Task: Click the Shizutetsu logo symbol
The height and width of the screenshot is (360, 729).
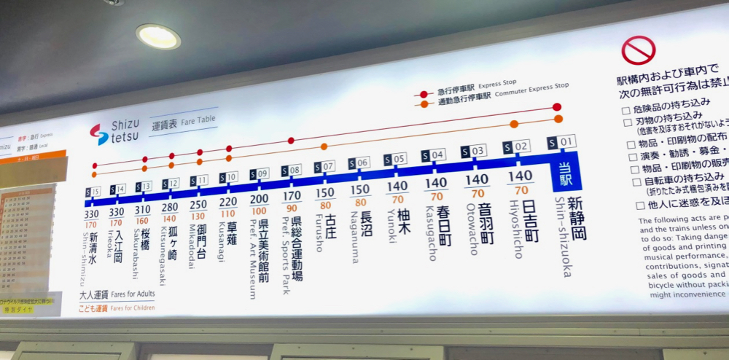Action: point(98,134)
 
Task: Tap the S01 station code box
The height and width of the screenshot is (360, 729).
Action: point(562,141)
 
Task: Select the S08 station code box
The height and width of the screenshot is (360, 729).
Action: point(290,171)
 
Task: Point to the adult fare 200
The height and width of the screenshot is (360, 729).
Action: point(259,198)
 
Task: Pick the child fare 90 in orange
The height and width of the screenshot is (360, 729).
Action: point(292,208)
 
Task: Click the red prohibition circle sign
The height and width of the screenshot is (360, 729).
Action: point(638,50)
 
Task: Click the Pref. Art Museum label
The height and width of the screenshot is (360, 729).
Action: point(252,263)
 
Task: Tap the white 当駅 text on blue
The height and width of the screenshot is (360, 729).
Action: point(566,175)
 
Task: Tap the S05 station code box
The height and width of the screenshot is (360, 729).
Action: point(394,159)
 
